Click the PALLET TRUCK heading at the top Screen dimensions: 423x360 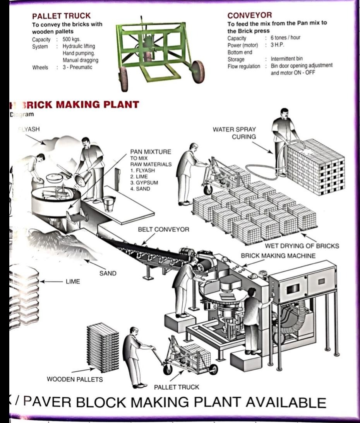[x=61, y=16]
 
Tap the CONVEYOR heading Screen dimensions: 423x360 [x=249, y=15]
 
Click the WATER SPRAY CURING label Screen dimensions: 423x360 [x=234, y=133]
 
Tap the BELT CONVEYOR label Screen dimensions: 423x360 [x=163, y=230]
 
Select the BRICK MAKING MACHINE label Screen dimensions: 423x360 [x=278, y=256]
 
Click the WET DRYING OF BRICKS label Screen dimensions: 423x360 [x=302, y=246]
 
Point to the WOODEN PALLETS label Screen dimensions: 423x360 [x=75, y=379]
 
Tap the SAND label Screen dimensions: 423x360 [x=108, y=273]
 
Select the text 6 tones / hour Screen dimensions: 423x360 [x=285, y=38]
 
